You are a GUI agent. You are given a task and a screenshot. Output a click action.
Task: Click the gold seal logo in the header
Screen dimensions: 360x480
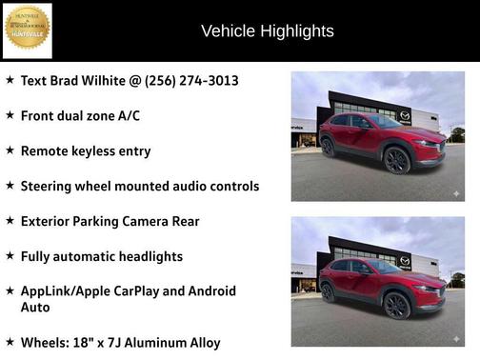point(27,30)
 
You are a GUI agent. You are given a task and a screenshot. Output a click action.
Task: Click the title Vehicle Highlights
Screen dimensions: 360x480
point(268,31)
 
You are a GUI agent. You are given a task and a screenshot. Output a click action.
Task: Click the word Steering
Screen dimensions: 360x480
point(50,186)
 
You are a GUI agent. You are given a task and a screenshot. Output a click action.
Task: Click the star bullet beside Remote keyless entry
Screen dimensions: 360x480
point(10,150)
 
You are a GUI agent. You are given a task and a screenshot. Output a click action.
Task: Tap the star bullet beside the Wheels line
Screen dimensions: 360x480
point(10,342)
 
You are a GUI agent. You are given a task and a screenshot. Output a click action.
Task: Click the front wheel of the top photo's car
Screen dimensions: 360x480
point(397,159)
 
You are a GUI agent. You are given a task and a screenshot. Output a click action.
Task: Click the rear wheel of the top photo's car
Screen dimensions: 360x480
point(329,146)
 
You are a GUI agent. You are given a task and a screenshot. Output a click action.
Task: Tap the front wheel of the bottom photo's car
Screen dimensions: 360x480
point(397,304)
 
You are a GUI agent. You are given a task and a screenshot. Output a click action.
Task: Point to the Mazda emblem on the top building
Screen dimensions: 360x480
point(404,116)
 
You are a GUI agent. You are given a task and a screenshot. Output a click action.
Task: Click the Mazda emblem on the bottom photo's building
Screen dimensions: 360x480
point(404,261)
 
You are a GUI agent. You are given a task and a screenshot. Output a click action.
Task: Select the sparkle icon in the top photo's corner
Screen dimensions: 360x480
point(455,193)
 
